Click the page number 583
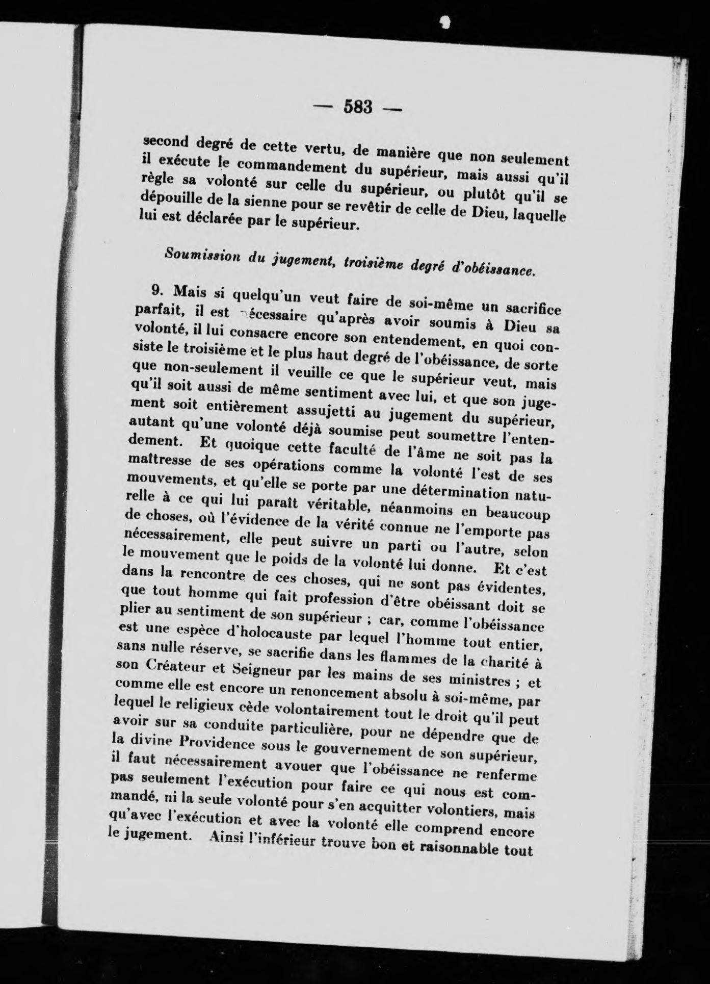[x=359, y=107]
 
